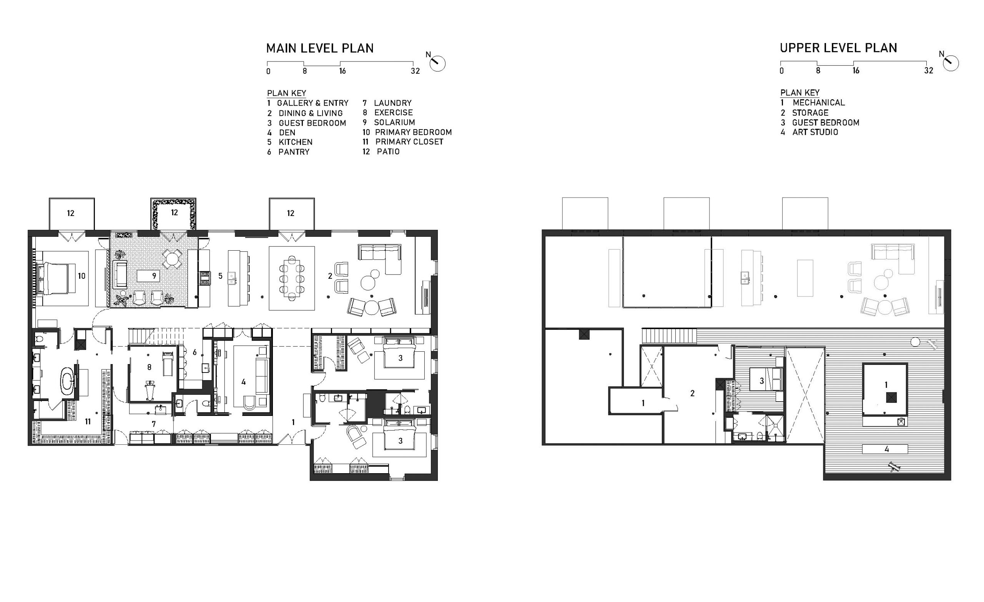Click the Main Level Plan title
320,48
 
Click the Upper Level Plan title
838,48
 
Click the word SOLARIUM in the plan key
394,122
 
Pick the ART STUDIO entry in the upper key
815,132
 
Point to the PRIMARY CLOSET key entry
409,142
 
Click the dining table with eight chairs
292,278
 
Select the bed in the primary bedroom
55,278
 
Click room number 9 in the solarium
154,276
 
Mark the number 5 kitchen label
220,276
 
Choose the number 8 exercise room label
150,367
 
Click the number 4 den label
244,382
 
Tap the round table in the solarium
172,259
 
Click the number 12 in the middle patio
175,213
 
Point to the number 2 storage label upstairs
693,394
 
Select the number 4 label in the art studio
886,449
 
